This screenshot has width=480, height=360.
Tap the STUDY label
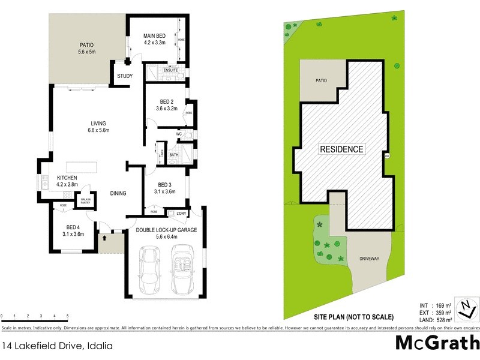[125, 76]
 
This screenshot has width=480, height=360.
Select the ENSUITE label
[170, 71]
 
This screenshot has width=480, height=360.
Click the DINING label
[118, 193]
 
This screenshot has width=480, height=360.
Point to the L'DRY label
[181, 214]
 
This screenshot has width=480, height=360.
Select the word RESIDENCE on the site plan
[341, 149]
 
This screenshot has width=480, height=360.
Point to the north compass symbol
[465, 308]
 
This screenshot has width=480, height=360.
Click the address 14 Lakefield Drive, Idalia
[57, 346]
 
